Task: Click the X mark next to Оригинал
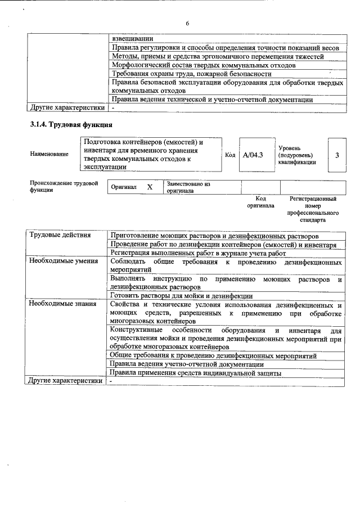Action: point(150,187)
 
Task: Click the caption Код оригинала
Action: point(260,202)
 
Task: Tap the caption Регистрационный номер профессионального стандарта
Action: point(313,210)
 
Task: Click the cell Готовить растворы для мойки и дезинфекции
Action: point(181,295)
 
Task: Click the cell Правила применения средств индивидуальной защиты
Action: point(195,372)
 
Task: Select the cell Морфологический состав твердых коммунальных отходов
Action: point(204,65)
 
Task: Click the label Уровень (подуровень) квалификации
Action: point(296,154)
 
